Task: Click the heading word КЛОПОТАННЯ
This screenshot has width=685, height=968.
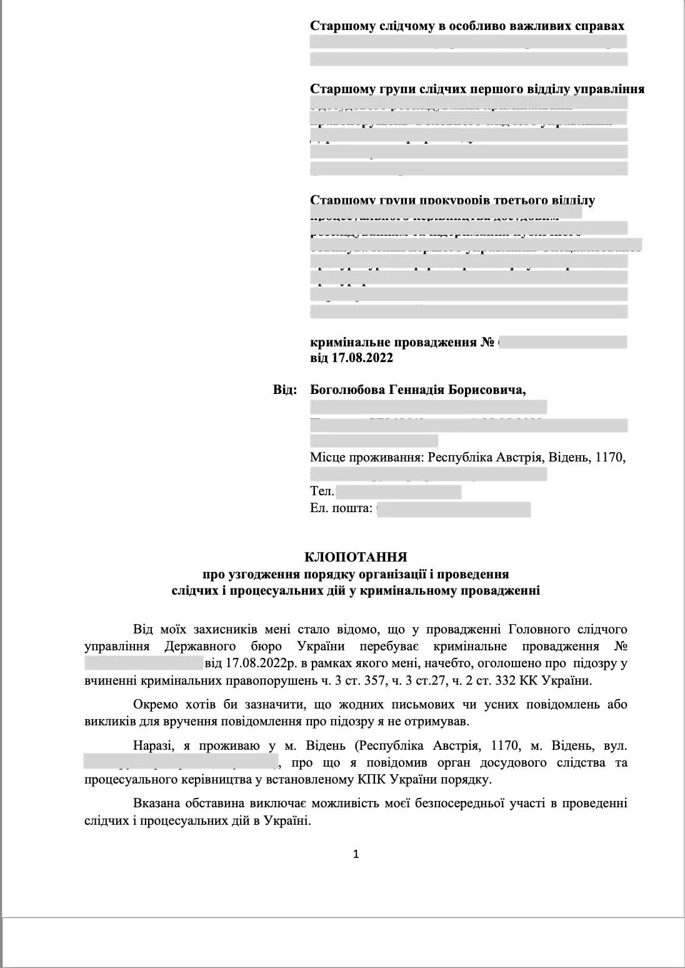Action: [356, 557]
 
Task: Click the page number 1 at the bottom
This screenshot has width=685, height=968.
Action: [356, 854]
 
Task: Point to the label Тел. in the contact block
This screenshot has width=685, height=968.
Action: [322, 491]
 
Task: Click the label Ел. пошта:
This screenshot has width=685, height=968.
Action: [341, 508]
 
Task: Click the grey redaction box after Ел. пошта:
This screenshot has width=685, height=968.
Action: [454, 509]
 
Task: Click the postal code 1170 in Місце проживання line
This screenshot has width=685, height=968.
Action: [611, 457]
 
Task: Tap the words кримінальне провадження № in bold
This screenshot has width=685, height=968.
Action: [402, 343]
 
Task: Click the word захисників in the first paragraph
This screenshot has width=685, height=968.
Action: [203, 628]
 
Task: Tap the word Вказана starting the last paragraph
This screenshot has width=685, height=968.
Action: [154, 803]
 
